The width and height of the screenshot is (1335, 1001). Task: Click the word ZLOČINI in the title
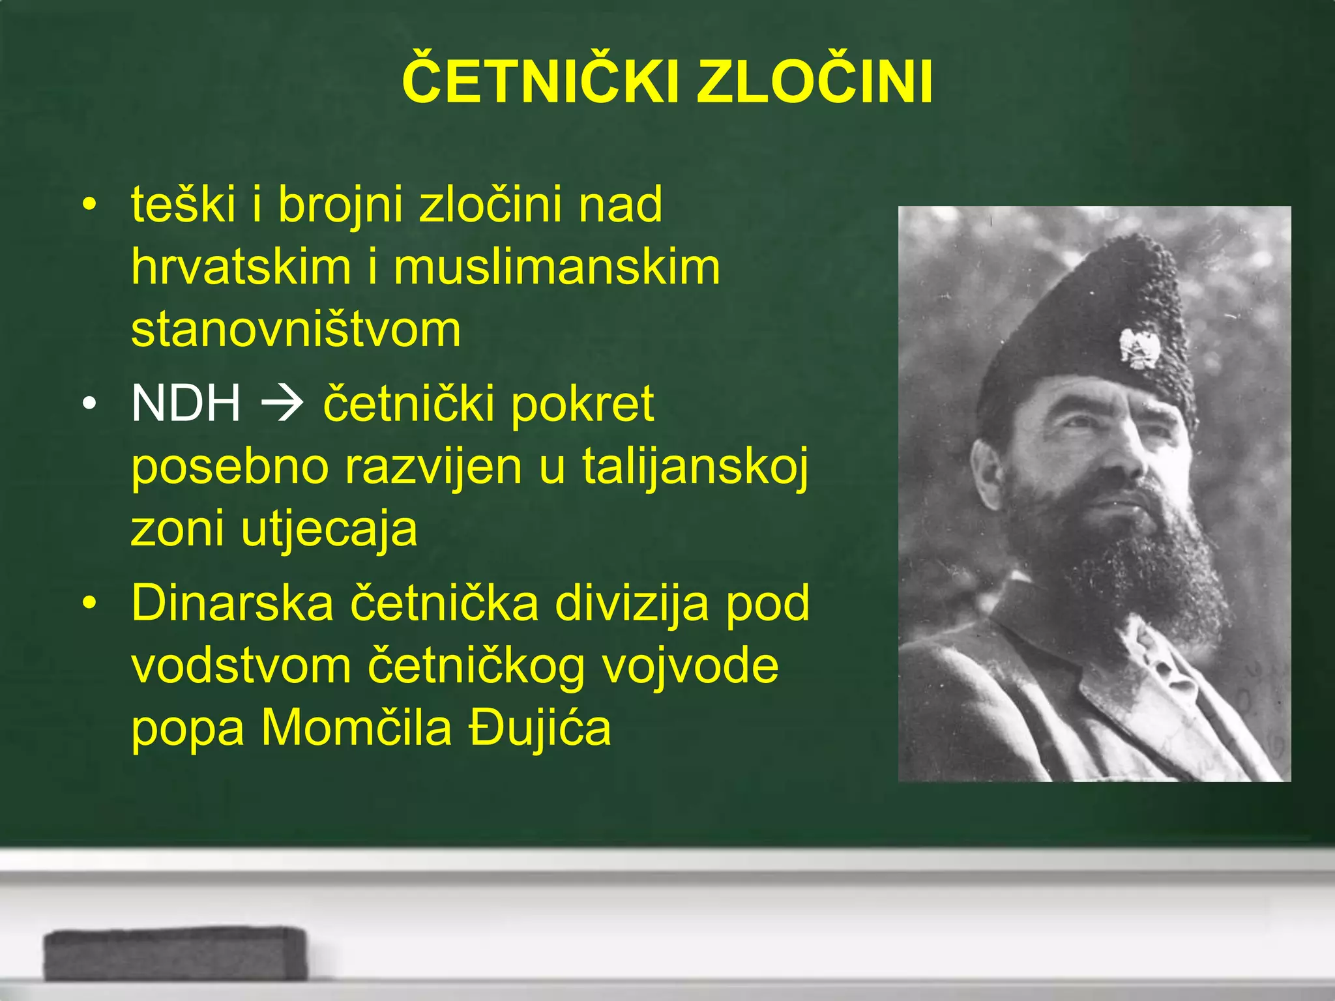(x=815, y=83)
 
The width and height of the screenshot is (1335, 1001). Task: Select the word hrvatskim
(x=241, y=268)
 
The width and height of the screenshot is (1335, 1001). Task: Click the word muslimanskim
(x=557, y=268)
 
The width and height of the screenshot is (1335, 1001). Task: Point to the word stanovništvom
(x=296, y=330)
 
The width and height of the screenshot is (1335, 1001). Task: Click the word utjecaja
(x=329, y=529)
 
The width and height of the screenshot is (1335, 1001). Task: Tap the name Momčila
(x=357, y=728)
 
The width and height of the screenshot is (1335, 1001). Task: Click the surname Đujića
(x=540, y=728)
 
